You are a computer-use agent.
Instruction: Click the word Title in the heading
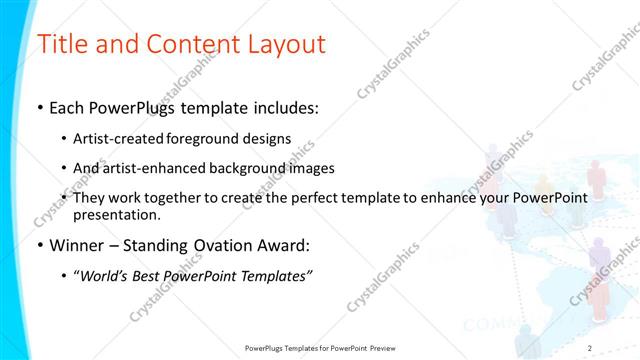point(62,45)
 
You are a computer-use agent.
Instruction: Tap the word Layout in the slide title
point(279,45)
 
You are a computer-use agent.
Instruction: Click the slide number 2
point(590,347)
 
